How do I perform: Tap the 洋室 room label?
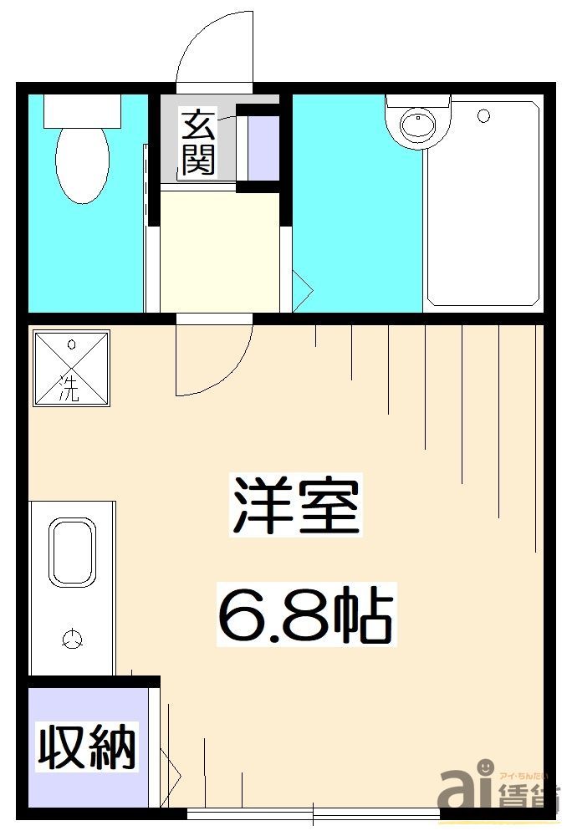coord(295,506)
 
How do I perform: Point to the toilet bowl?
coord(82,163)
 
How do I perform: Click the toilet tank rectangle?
coord(82,110)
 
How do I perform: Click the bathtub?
coord(483,205)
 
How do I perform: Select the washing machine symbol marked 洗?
coord(71,368)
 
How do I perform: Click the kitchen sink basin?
coord(73,552)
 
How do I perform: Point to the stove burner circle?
coord(73,640)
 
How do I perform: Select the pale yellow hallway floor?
coord(219,251)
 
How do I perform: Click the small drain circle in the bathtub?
coord(483,117)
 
